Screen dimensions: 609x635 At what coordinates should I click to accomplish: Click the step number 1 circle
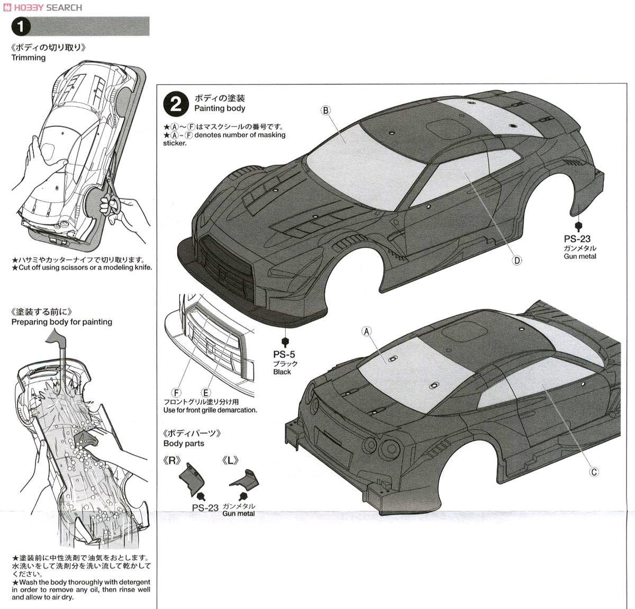point(21,26)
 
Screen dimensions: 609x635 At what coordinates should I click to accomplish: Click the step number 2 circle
point(176,104)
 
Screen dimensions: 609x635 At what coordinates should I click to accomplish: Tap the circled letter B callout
point(325,110)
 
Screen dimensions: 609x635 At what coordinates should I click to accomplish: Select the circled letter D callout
point(517,260)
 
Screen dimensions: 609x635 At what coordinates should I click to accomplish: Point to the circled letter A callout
point(366,332)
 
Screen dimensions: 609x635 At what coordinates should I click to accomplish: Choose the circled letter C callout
point(594,471)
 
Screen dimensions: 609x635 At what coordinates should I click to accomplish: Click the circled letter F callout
point(177,393)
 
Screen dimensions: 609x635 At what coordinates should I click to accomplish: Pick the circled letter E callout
point(206,393)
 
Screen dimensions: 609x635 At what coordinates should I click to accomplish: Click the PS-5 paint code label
point(284,355)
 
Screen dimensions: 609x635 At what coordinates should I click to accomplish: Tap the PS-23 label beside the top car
point(577,239)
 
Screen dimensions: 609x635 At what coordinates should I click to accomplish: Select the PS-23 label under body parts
point(205,508)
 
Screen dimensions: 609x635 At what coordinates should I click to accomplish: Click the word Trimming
point(29,58)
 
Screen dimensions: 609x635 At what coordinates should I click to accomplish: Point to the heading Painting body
point(220,108)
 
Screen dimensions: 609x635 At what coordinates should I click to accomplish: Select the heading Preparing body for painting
point(62,322)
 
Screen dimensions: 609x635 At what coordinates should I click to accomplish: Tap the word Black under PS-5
point(282,372)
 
